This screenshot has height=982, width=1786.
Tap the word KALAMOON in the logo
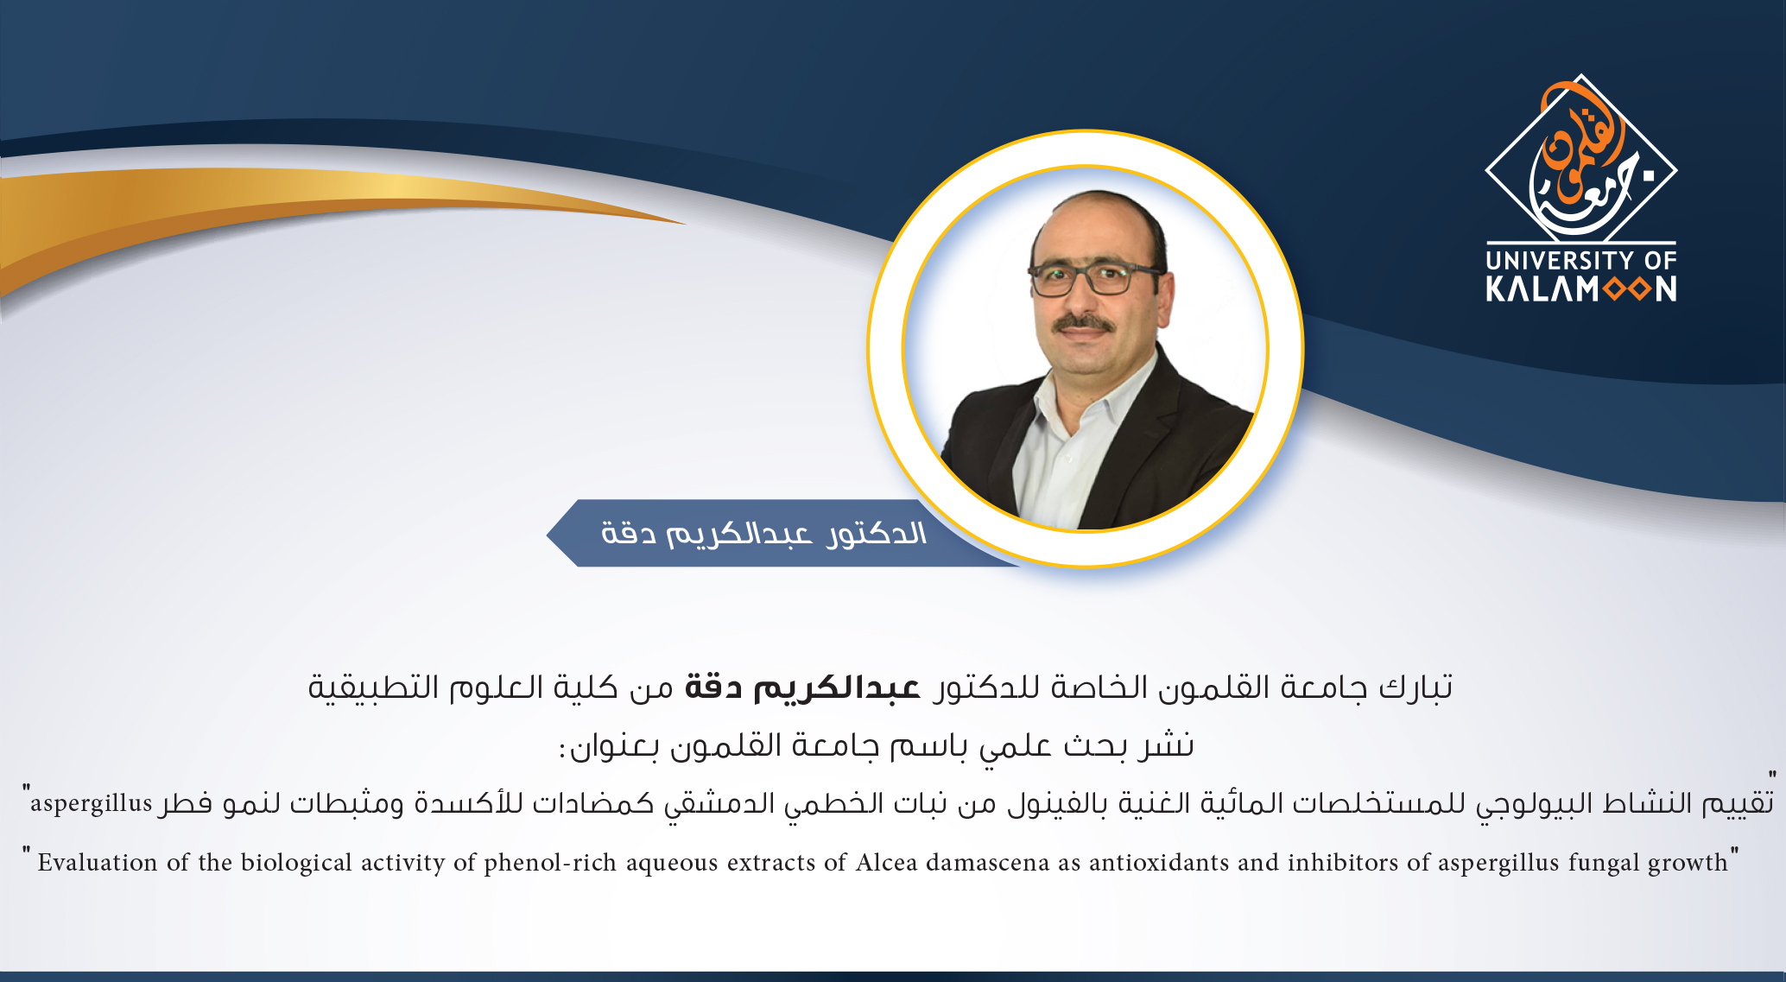pos(1581,288)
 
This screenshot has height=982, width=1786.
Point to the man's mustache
pos(1085,324)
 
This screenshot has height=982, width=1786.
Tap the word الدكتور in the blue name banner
pos(876,534)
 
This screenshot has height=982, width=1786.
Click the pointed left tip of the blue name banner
pos(547,534)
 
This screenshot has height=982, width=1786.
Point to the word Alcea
pos(887,862)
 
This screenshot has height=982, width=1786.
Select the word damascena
pos(988,862)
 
